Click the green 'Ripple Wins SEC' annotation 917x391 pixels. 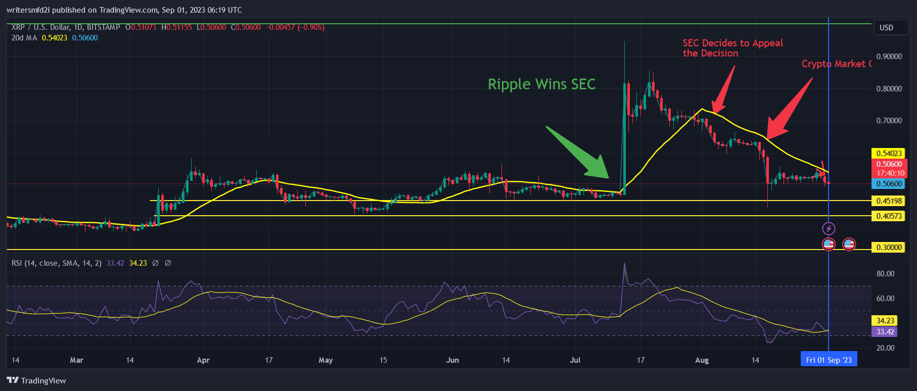coord(541,84)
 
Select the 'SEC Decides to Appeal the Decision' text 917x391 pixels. coord(732,48)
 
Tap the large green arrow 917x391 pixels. coord(579,154)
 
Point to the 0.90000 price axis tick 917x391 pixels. coord(889,57)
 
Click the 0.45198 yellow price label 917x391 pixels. coord(888,201)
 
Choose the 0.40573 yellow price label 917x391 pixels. coord(888,216)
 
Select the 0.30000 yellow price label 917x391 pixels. coord(888,248)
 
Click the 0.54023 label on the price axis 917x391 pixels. coord(888,154)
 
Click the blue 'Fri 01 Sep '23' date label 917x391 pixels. coord(829,360)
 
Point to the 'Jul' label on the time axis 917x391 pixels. coord(575,360)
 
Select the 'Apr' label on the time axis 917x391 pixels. coord(203,360)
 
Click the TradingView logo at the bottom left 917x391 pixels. coord(36,380)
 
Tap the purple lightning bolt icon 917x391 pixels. coord(829,229)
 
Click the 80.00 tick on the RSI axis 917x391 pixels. coord(885,274)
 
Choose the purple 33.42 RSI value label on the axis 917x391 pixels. coord(885,332)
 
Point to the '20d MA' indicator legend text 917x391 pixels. coord(24,38)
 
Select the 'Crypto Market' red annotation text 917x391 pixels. coord(836,64)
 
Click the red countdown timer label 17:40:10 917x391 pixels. coord(890,173)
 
